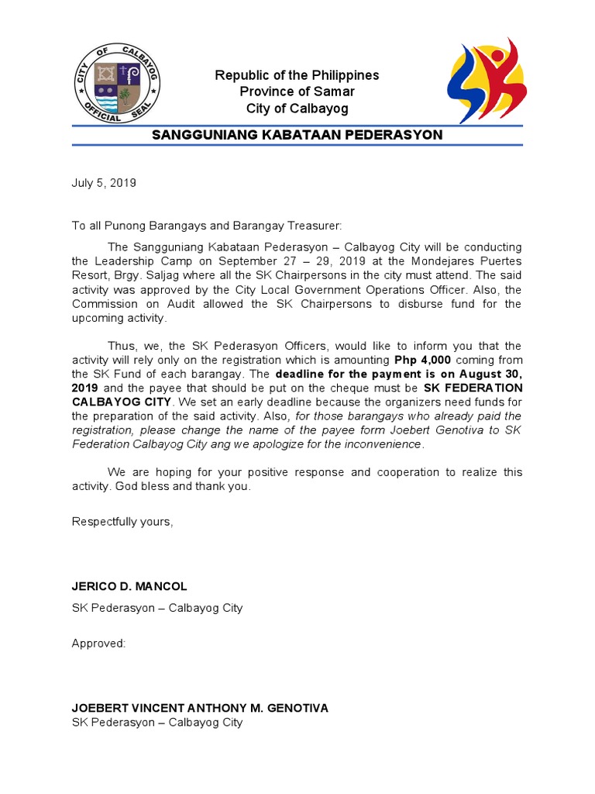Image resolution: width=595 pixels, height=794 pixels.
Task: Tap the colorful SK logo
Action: click(487, 80)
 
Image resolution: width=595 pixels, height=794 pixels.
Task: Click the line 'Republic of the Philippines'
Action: click(297, 75)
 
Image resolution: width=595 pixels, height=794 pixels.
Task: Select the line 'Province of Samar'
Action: click(297, 91)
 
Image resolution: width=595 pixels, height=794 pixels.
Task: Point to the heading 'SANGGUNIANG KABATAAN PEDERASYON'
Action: click(297, 135)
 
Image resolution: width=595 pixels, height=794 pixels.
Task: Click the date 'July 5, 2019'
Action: click(104, 183)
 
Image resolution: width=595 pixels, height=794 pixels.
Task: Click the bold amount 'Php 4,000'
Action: click(422, 361)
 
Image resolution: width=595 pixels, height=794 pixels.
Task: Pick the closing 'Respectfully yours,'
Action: click(122, 522)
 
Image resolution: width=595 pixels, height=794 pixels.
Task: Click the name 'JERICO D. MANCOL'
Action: click(129, 586)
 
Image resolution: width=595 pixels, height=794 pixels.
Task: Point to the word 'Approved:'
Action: click(98, 644)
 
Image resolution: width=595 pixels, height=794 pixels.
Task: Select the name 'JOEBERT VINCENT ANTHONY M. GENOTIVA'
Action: click(200, 708)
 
